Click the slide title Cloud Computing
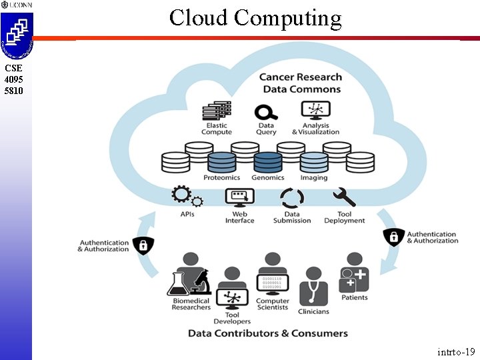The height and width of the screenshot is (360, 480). pos(255,18)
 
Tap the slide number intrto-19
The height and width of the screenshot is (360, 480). pos(456,351)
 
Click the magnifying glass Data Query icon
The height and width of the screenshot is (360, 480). pos(266,111)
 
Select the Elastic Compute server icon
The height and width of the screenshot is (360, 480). pos(217,111)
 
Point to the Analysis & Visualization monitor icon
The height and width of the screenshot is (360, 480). pos(315,111)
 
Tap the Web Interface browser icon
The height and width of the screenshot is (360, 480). pos(240,197)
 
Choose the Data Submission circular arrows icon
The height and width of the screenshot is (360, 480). pos(292,198)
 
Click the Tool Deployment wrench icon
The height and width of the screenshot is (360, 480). pos(344,197)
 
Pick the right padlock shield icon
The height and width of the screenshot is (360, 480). pos(393,236)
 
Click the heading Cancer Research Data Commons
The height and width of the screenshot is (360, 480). pos(301,83)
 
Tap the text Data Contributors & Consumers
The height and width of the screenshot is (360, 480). pos(268,333)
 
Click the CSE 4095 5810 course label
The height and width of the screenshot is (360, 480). pos(13,79)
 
